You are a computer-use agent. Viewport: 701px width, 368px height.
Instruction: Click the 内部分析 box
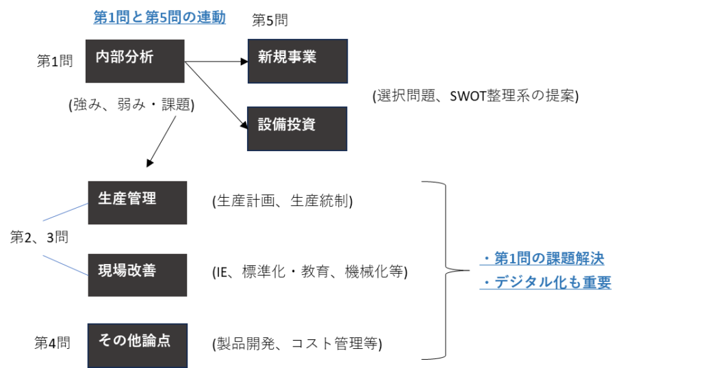[135, 61]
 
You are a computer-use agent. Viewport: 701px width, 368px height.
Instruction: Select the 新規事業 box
[297, 61]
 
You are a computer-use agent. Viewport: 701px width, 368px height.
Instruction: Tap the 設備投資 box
[296, 129]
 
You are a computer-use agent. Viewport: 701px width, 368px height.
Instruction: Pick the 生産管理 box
[137, 202]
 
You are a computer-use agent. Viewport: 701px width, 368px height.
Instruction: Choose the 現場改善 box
[137, 275]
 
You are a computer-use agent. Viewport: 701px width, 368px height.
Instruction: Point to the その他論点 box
[137, 345]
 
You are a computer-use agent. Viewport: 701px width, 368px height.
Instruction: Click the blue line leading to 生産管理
[65, 212]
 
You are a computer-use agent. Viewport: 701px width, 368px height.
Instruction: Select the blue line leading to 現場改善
[65, 265]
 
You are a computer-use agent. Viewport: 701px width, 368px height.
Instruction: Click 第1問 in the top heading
[112, 18]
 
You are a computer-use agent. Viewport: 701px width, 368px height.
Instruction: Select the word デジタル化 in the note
[523, 282]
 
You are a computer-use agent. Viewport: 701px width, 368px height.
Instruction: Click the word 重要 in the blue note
[596, 282]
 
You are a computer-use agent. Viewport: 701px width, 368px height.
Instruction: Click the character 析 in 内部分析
[146, 57]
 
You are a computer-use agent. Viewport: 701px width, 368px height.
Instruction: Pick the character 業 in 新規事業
[309, 57]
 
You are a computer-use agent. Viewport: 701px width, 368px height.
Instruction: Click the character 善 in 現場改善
[149, 271]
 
